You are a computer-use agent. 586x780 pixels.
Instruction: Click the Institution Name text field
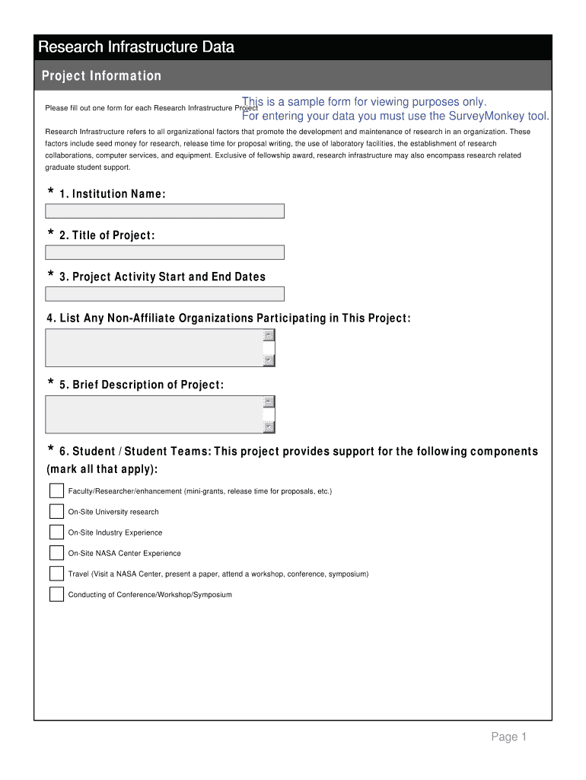pos(164,211)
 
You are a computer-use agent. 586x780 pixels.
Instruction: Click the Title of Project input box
pos(164,252)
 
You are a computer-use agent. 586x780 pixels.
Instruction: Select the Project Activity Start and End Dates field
pos(164,294)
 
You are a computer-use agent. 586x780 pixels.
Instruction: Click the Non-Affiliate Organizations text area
pos(154,348)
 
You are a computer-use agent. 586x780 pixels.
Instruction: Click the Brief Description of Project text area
pos(154,414)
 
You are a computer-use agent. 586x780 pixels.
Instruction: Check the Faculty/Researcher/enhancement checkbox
pos(57,491)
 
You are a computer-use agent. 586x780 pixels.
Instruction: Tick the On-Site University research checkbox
pos(57,512)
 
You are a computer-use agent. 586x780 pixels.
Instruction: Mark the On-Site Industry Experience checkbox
pos(57,532)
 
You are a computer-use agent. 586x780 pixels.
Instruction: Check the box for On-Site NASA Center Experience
pos(57,553)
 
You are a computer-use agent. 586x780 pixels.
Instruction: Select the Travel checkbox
pos(57,574)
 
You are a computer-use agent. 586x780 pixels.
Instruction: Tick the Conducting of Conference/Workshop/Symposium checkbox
pos(57,594)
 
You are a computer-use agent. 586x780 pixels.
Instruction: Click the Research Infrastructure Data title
pos(136,47)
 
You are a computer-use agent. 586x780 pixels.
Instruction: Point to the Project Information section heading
pos(101,76)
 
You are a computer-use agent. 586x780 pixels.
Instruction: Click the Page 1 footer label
pos(508,737)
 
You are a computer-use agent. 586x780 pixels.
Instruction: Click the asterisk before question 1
pos(51,192)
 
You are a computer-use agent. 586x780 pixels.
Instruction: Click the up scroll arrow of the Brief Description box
pos(269,402)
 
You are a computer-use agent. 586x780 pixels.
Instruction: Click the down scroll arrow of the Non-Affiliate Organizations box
pos(269,360)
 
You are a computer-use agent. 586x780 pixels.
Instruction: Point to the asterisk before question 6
pos(51,449)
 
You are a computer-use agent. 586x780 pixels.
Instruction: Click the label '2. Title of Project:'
pos(107,235)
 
